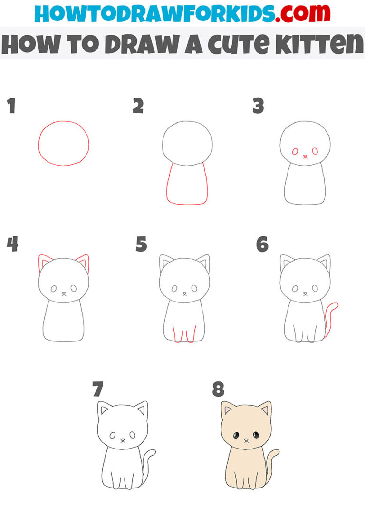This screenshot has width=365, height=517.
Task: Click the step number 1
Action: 11,107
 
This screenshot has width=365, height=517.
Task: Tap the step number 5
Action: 141,244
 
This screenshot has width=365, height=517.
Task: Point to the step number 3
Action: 258,107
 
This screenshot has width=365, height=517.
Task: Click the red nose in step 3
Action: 305,156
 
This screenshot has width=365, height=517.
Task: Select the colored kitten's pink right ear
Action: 265,409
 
